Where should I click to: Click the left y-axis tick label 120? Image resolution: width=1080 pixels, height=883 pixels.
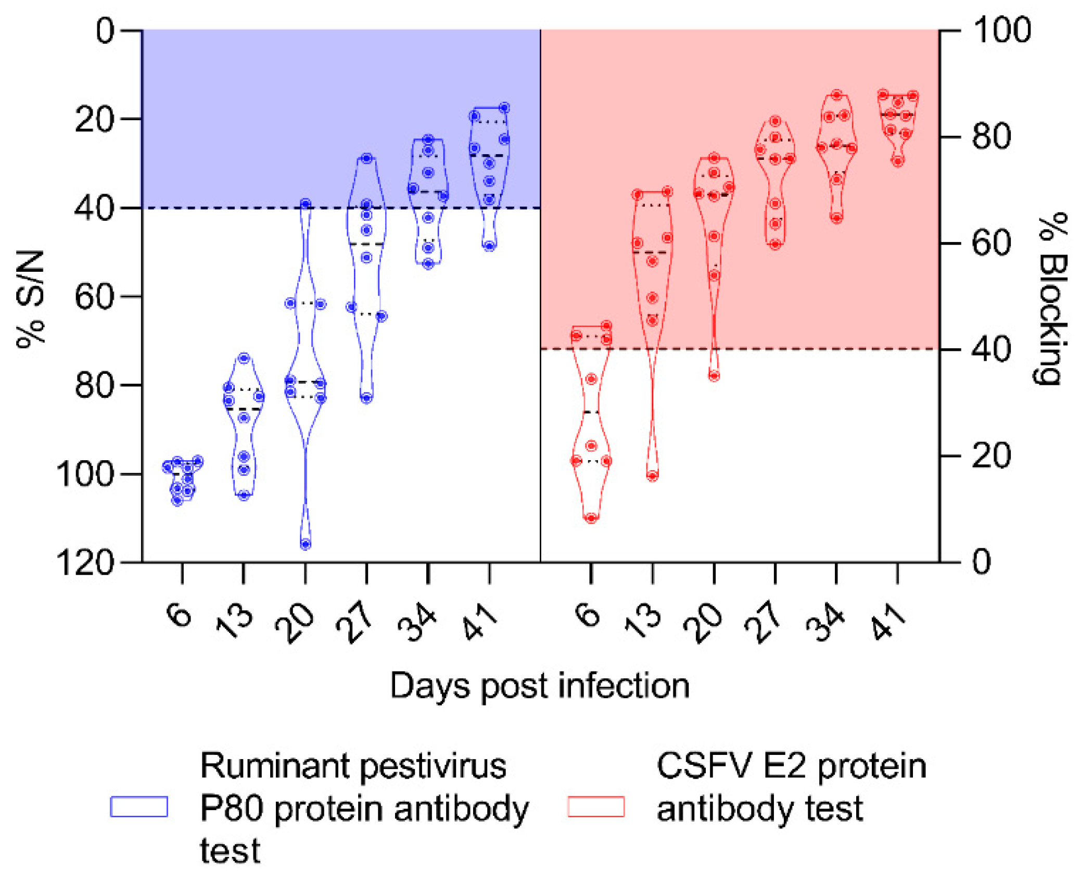click(84, 563)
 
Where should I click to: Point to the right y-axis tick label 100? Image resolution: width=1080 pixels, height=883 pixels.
click(1001, 30)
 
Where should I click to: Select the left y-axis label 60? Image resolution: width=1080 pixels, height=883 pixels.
click(94, 297)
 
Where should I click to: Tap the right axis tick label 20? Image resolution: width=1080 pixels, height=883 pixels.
click(991, 456)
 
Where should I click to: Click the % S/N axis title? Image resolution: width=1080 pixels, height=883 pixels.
click(31, 298)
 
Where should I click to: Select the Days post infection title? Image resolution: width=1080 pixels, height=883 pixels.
click(540, 686)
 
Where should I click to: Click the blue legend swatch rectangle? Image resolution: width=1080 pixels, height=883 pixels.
click(139, 807)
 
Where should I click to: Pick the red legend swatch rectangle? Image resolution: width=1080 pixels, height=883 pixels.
click(595, 807)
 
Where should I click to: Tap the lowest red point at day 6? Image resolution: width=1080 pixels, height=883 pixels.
click(591, 518)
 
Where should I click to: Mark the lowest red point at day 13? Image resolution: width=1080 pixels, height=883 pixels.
click(652, 475)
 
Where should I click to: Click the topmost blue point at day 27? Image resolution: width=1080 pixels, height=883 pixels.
click(366, 158)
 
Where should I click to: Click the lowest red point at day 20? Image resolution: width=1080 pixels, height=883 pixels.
click(714, 375)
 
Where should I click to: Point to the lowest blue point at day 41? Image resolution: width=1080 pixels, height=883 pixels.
click(489, 245)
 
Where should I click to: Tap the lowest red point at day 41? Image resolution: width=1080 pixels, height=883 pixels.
click(898, 160)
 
